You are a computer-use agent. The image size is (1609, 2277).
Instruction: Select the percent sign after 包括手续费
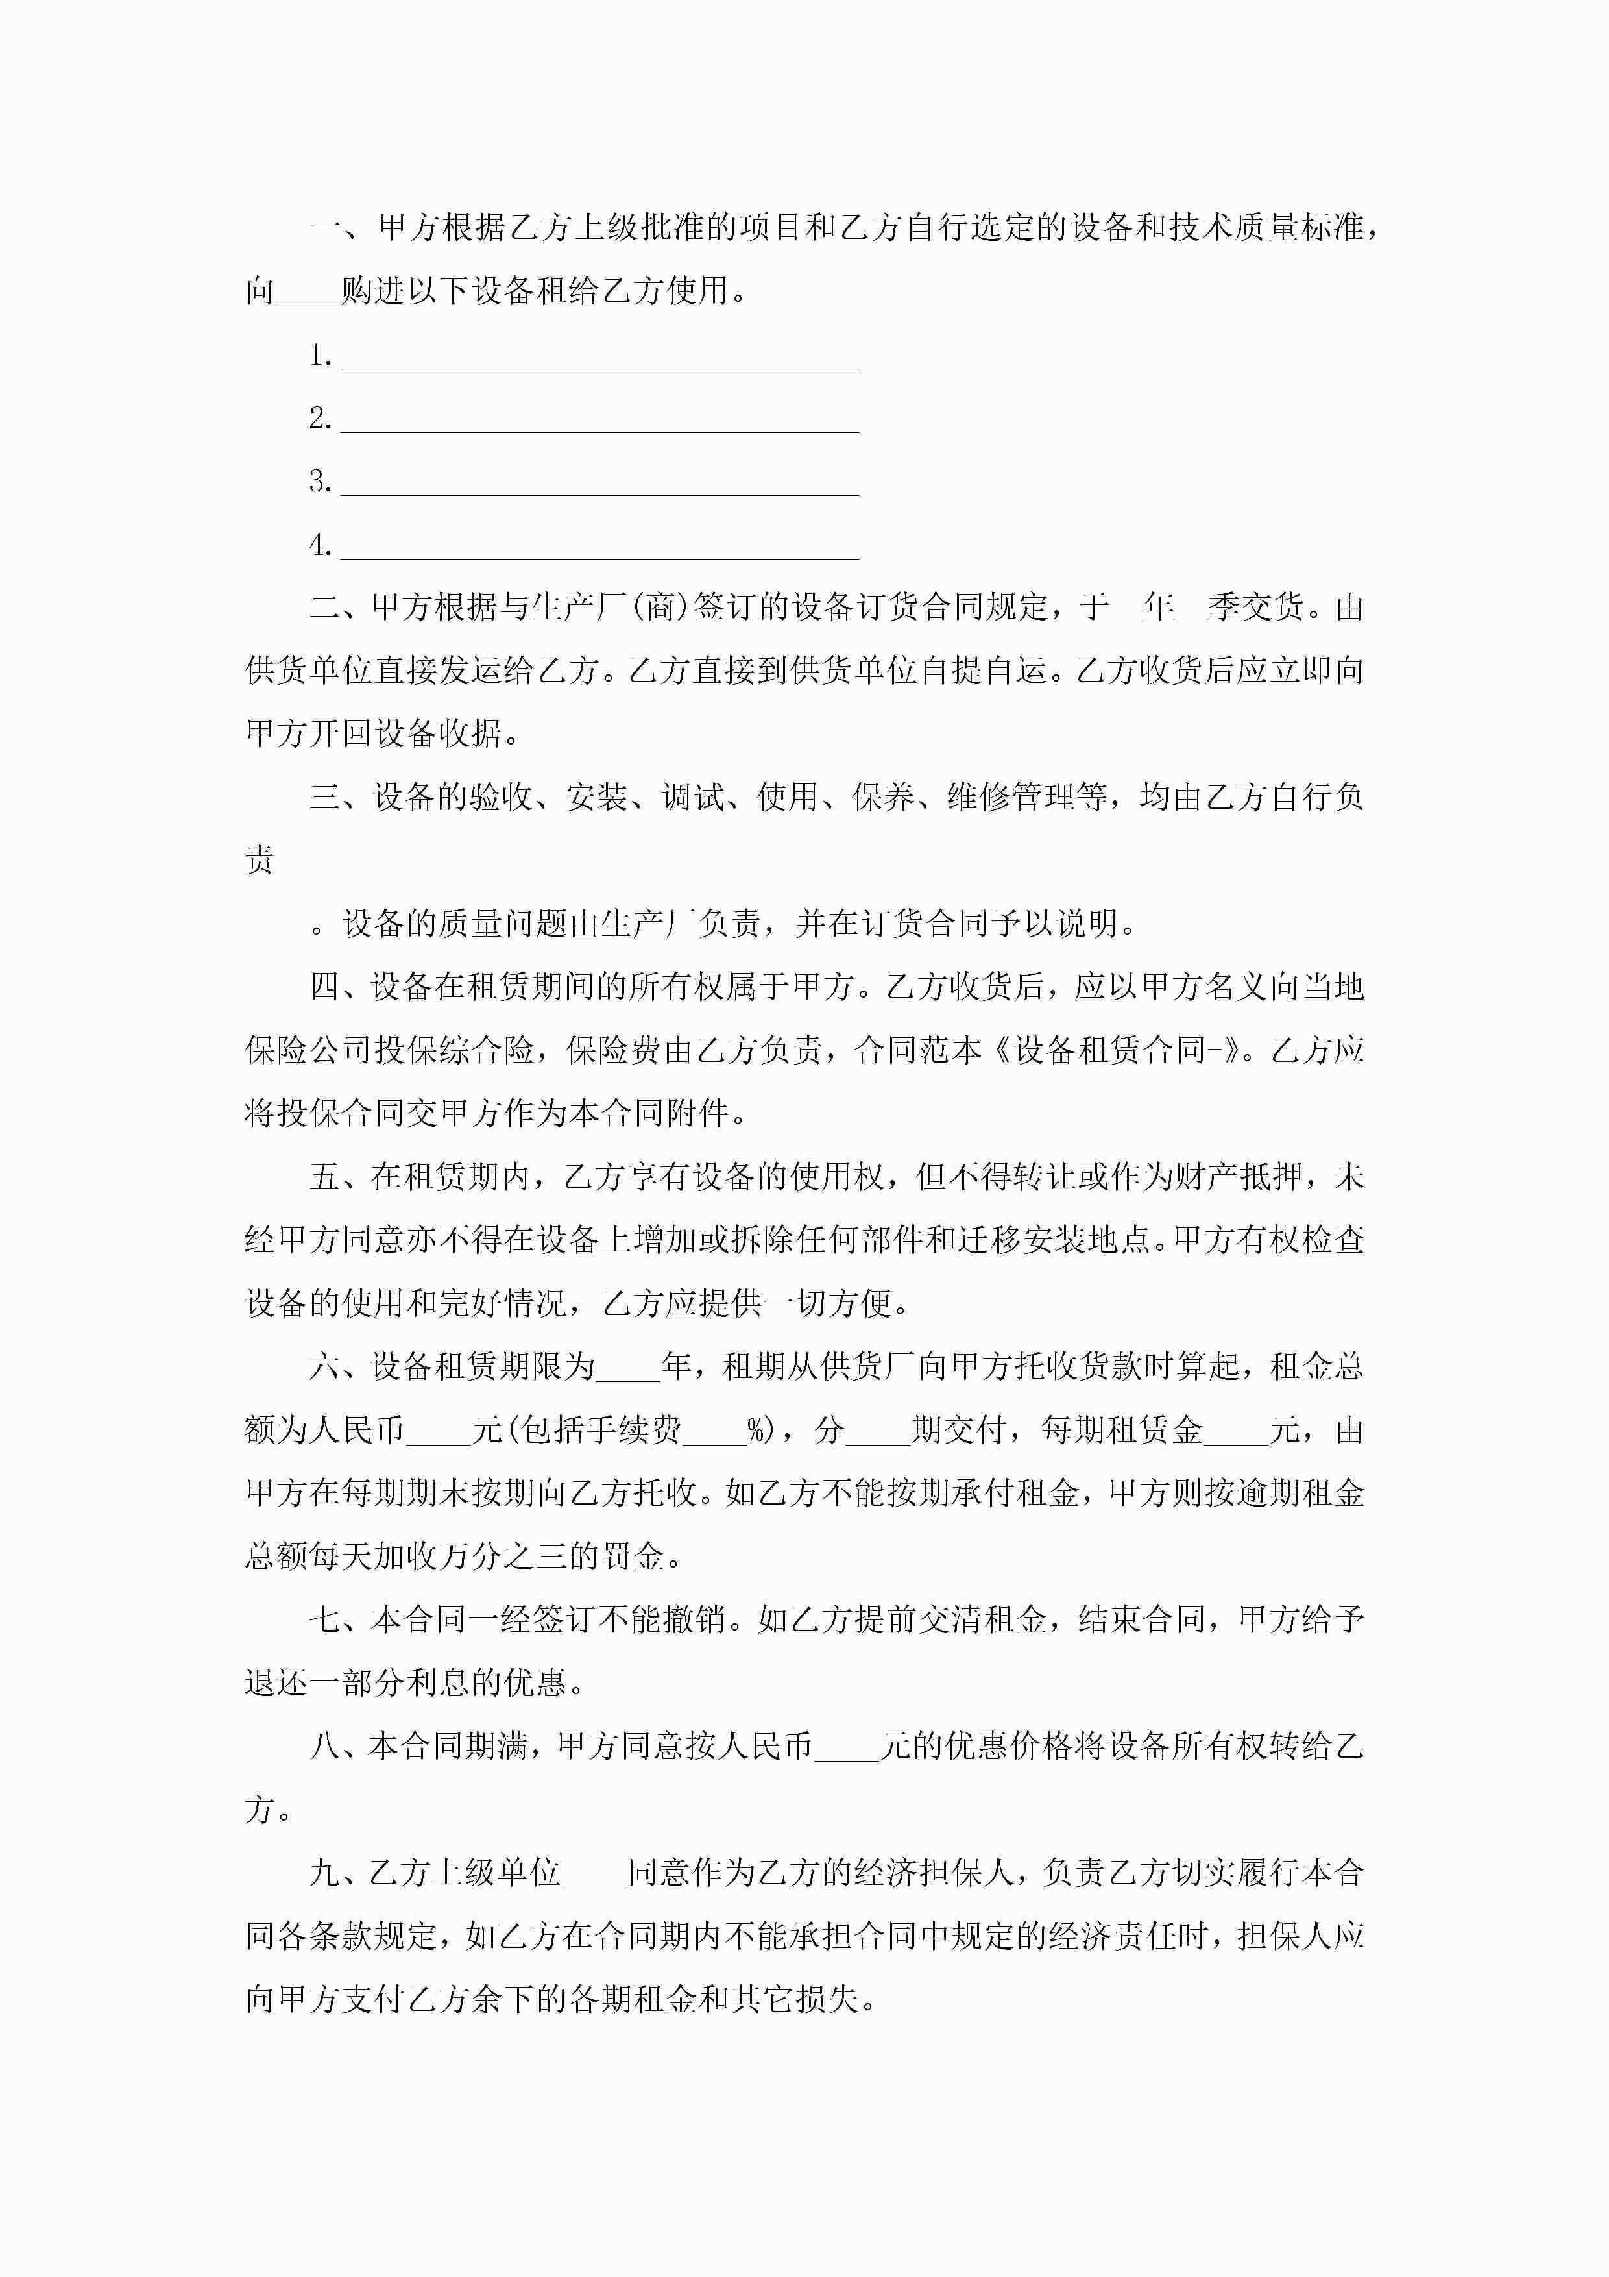click(x=759, y=1430)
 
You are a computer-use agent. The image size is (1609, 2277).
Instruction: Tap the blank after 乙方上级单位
click(x=595, y=1873)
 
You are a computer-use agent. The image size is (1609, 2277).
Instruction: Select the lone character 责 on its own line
click(x=260, y=860)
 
